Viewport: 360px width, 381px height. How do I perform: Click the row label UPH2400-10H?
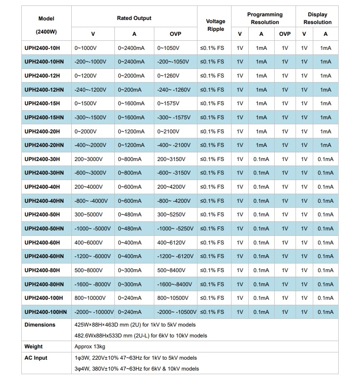tap(42, 48)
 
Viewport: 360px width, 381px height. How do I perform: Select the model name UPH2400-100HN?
tap(45, 312)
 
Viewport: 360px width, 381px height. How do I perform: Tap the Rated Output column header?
tap(134, 18)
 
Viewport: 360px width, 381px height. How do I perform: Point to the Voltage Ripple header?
tap(215, 25)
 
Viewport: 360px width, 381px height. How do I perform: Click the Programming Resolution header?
tap(265, 18)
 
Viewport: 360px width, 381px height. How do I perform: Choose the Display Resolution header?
tap(317, 18)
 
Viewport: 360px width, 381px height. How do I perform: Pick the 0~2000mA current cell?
tap(131, 76)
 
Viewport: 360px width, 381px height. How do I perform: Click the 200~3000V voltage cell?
tap(90, 159)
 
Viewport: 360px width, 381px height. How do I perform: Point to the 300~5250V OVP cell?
tap(172, 215)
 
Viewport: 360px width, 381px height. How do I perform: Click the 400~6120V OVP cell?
tap(172, 243)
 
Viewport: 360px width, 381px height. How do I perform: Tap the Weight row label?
tap(34, 347)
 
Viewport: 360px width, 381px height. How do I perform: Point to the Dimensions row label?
tap(40, 325)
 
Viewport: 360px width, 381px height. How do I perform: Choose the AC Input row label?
tap(36, 358)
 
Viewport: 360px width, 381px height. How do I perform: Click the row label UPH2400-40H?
tap(42, 187)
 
